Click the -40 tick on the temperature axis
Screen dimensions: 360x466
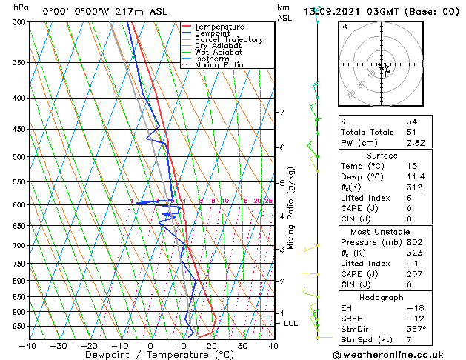[28, 346]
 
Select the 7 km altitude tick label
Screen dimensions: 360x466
[282, 113]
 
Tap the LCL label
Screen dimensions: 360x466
[291, 324]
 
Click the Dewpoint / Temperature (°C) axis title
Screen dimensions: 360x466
[149, 356]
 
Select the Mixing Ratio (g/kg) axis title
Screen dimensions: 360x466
[291, 207]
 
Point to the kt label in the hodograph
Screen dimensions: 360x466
[344, 26]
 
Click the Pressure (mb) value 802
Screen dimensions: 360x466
[414, 242]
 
